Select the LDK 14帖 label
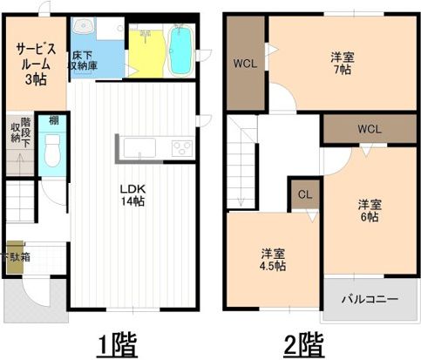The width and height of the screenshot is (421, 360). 132,194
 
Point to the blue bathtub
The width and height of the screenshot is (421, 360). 182,50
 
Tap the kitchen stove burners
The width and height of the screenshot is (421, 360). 182,146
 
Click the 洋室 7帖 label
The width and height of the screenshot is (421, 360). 342,64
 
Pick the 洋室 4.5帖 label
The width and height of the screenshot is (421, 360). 273,260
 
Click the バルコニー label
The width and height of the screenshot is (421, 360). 369,299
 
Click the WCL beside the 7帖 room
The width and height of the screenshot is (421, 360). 244,63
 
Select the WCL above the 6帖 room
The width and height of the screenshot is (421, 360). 369,129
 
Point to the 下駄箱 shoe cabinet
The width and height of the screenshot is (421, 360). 16,257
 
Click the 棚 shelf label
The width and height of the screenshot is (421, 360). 54,121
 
